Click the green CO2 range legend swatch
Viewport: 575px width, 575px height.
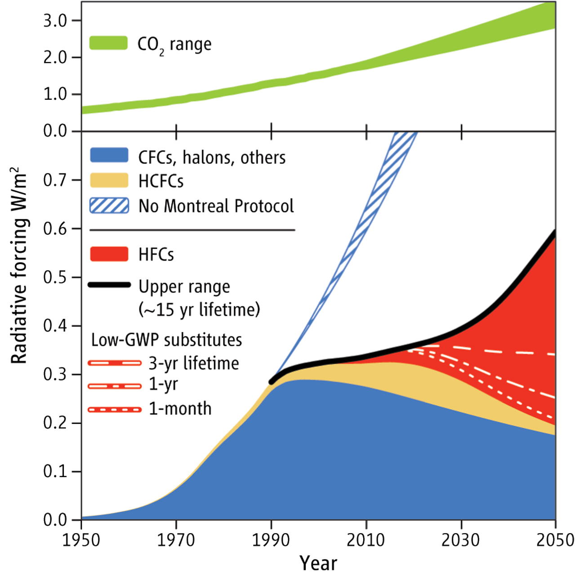tap(108, 43)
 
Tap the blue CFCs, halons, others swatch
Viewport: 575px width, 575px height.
tap(109, 155)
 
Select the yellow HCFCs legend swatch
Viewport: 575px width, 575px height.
tap(109, 180)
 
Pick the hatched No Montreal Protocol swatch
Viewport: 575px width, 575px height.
tap(109, 205)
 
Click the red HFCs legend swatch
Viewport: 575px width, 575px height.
tap(109, 254)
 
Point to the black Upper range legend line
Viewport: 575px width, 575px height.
tap(109, 285)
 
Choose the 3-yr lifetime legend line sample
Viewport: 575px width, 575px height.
tap(115, 363)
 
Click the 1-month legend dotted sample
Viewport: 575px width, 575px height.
tap(115, 409)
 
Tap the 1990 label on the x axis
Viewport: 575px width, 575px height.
tap(271, 540)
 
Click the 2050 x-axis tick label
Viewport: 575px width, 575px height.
tap(555, 540)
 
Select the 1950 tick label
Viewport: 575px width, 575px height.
tap(81, 540)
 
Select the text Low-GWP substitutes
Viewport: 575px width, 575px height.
tap(166, 340)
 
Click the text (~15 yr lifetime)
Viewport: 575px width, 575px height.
tap(199, 310)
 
